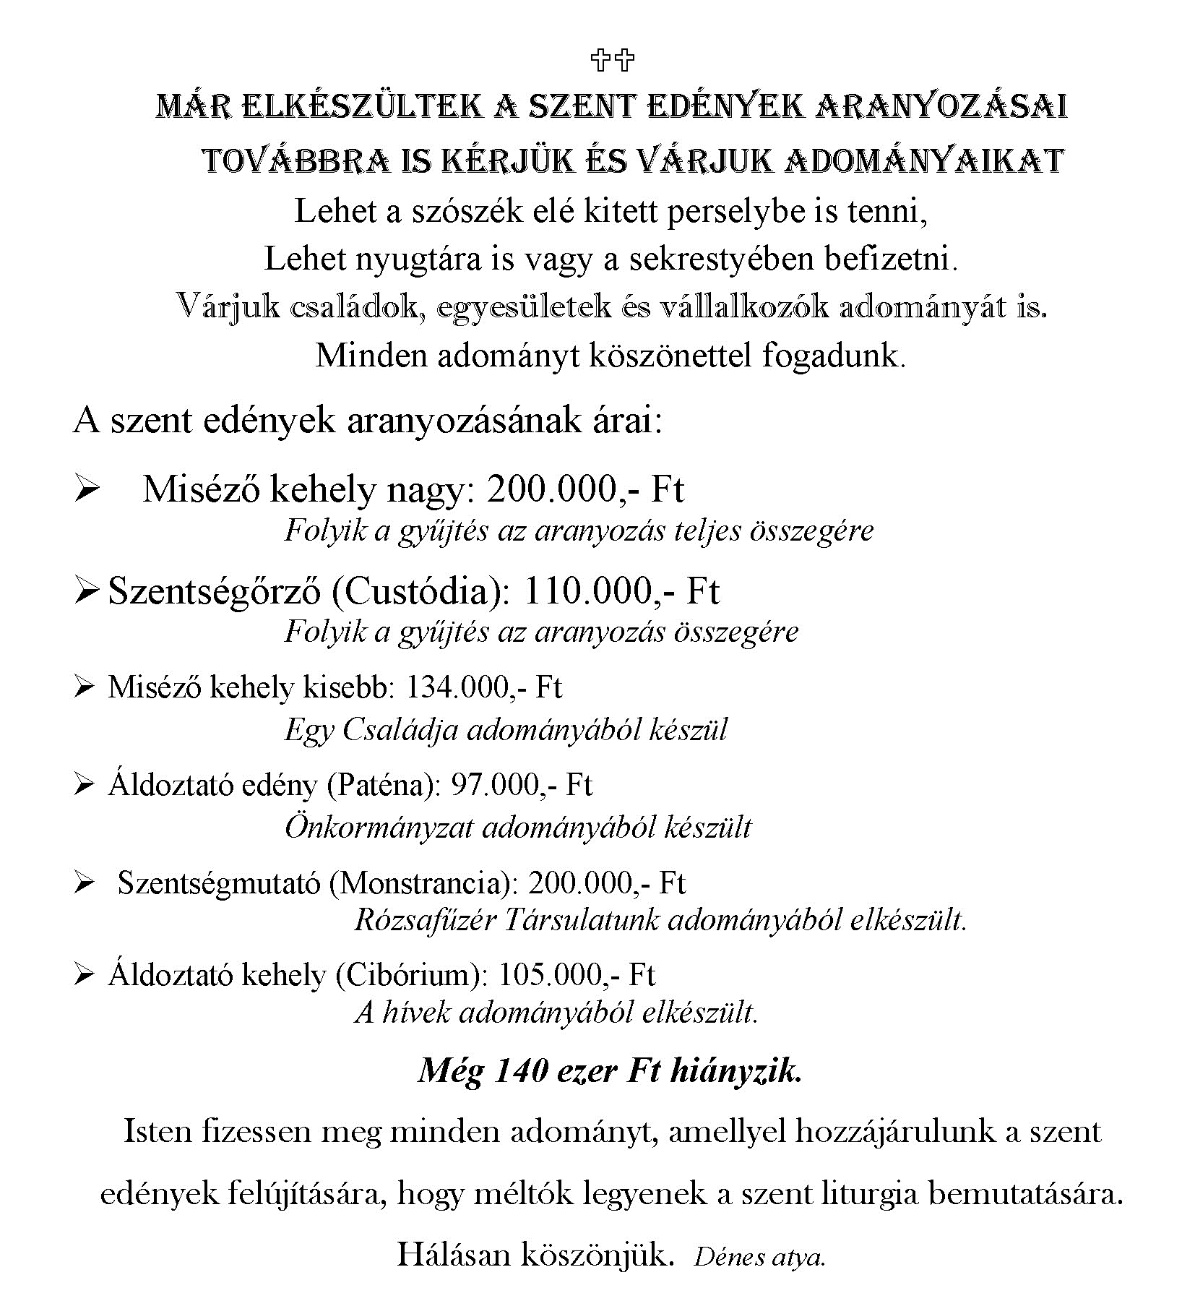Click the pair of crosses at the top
pos(613,60)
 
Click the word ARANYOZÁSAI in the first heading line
pos(941,107)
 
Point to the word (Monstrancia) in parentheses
pos(423,883)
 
